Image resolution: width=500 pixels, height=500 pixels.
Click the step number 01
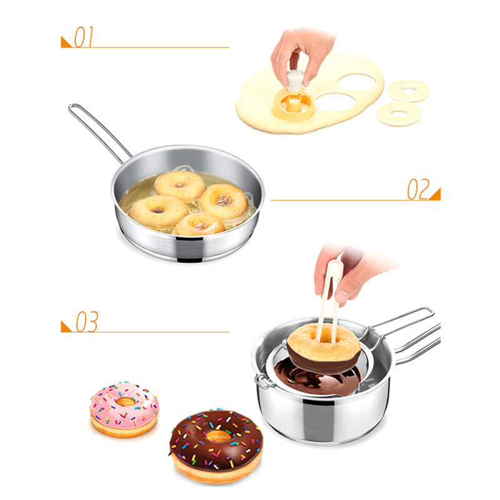pos(84,37)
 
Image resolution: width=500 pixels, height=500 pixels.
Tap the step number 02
pos(418,189)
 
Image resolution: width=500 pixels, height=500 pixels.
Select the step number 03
pos(87,321)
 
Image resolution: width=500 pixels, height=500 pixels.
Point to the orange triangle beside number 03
pos(66,327)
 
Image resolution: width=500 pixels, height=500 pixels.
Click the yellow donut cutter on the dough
pos(292,102)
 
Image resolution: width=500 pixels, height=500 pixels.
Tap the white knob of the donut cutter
pos(294,80)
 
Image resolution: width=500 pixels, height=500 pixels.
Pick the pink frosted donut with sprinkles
pos(124,409)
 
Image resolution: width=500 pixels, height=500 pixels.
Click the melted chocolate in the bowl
pos(316,377)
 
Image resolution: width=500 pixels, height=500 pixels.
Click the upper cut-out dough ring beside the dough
pos(409,91)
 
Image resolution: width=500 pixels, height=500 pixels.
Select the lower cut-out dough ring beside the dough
pos(399,114)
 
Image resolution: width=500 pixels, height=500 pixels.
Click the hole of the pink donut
pos(126,401)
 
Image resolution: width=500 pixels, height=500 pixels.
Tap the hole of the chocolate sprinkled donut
pos(217,436)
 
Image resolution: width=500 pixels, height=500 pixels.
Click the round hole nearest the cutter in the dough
pos(335,101)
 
